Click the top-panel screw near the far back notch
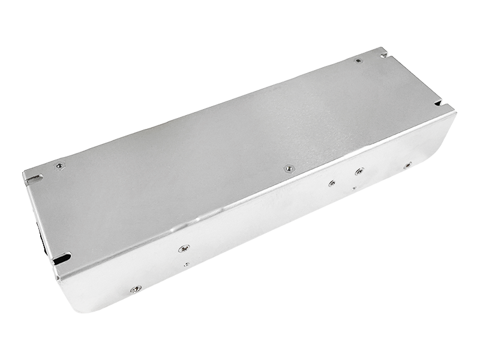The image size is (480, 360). [358, 61]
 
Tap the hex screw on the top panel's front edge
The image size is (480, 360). [289, 169]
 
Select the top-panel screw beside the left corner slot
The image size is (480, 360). [59, 166]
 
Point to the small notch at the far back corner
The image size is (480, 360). [382, 54]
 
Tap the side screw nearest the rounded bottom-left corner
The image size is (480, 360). [136, 289]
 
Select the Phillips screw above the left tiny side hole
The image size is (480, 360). [185, 248]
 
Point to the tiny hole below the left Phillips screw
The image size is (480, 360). [187, 264]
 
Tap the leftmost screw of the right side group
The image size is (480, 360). [331, 183]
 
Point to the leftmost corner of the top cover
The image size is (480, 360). [23, 175]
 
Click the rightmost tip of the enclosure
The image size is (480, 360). [455, 113]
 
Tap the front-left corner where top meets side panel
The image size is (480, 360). [57, 276]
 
